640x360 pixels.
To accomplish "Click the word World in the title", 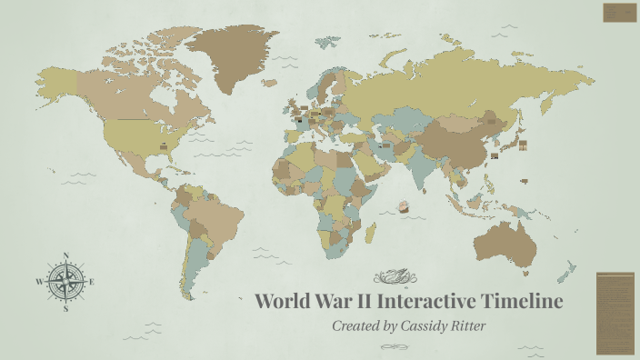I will click(284, 301).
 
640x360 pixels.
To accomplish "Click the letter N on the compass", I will click(65, 256).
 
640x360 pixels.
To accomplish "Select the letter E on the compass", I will click(92, 282).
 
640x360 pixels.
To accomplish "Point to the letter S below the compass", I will click(65, 309).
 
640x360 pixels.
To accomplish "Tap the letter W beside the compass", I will click(39, 283).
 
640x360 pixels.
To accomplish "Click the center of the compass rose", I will click(65, 282).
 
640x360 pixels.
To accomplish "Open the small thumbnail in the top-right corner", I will click(619, 13).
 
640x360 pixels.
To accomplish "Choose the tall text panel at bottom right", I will click(615, 313).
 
